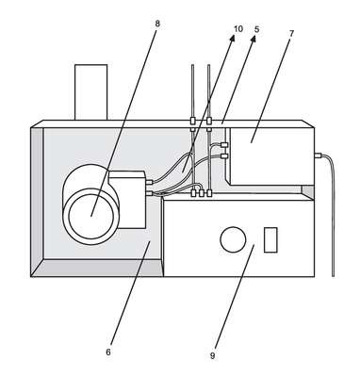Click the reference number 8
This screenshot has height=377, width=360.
(157, 24)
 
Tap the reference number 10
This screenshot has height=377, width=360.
(238, 29)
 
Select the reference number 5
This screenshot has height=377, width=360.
(257, 29)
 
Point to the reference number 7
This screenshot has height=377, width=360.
(291, 34)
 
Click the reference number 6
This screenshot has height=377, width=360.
(108, 352)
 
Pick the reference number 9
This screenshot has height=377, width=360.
(213, 356)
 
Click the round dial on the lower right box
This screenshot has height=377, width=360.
(233, 239)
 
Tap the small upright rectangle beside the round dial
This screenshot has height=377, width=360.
(270, 239)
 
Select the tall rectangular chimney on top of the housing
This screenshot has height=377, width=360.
(91, 92)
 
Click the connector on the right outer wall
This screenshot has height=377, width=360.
(318, 155)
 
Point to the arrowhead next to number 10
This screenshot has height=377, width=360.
(232, 38)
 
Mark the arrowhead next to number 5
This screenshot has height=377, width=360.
(253, 38)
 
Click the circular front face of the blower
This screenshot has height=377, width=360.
(91, 217)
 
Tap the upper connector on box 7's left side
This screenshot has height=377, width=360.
(224, 145)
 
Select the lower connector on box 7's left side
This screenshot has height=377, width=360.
(224, 156)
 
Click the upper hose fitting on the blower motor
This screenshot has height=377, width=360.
(149, 182)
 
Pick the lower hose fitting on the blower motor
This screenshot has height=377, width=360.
(149, 193)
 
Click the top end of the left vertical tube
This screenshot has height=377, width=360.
(192, 65)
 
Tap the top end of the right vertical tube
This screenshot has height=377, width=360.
(209, 65)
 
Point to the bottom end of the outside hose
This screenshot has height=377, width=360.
(333, 276)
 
